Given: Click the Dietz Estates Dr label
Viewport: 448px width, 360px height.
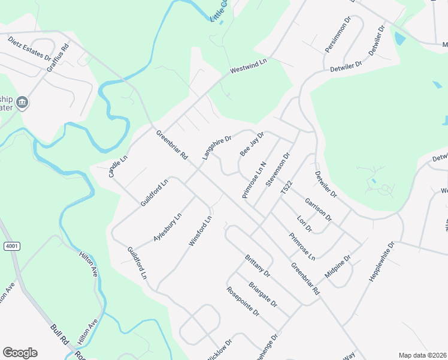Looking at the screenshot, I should click(x=29, y=49).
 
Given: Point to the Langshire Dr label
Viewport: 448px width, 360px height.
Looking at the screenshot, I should click(x=217, y=148).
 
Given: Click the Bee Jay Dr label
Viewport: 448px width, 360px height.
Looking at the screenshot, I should click(x=252, y=145).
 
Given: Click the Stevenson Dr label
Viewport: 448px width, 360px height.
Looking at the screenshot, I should click(x=278, y=169).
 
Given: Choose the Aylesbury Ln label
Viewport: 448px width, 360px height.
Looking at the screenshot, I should click(x=167, y=227).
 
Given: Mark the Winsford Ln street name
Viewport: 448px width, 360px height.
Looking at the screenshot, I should click(x=200, y=232).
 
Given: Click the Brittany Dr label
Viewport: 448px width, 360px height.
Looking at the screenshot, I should click(x=258, y=266).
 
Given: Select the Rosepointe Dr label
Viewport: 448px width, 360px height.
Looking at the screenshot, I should click(x=243, y=301).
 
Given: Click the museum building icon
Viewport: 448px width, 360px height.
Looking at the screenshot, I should click(x=23, y=103).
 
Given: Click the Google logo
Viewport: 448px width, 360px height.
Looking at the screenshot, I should click(x=20, y=353).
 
